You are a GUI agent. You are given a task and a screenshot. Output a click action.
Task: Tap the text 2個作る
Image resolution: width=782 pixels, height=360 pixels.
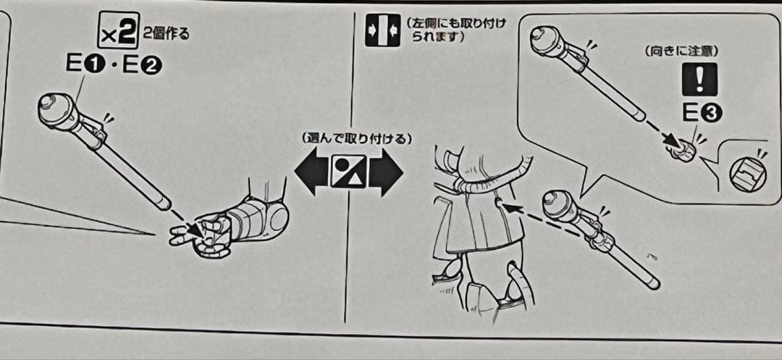tap(166, 36)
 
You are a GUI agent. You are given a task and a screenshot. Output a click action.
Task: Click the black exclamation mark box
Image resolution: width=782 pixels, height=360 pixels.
tap(699, 79)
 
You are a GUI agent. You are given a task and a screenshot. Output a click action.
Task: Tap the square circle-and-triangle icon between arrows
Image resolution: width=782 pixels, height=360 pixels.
tap(348, 171)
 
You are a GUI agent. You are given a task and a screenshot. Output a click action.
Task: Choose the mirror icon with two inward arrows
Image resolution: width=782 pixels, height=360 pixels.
tap(382, 30)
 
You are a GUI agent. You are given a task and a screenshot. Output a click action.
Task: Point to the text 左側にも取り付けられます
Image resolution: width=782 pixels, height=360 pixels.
tap(456, 30)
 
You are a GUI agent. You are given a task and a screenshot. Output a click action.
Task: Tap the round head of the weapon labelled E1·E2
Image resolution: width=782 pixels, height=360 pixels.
tap(56, 110)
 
